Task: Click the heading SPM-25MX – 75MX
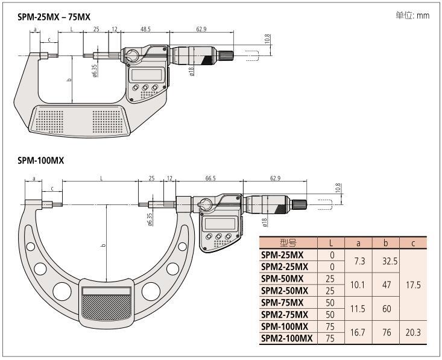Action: [x=54, y=17]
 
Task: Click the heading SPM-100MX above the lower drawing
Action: [x=40, y=161]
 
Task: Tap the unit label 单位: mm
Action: [x=412, y=15]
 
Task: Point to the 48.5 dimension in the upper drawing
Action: [x=145, y=28]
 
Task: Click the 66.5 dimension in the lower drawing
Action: [x=210, y=178]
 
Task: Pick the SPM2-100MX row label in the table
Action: [x=288, y=338]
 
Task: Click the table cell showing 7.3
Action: [x=358, y=261]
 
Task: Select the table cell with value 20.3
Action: [x=413, y=332]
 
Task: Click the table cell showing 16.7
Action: [x=358, y=332]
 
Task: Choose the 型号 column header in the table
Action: [x=288, y=243]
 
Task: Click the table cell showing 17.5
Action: [x=413, y=284]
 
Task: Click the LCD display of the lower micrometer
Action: [x=219, y=223]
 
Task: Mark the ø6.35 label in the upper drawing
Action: [x=95, y=71]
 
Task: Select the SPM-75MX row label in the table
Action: [x=282, y=302]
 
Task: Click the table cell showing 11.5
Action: [x=358, y=308]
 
